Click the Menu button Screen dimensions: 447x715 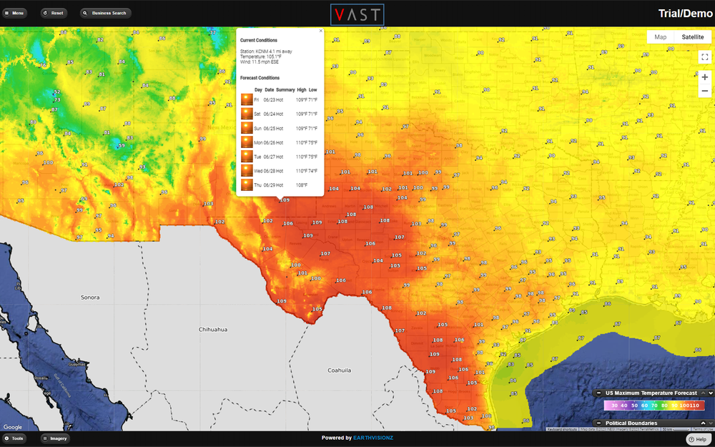(15, 13)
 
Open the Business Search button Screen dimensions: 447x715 (106, 13)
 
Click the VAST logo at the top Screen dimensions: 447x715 (357, 14)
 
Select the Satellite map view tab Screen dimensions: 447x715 (692, 37)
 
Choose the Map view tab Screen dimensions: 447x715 (661, 37)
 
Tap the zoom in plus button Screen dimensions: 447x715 (705, 77)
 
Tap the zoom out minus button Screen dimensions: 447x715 (705, 91)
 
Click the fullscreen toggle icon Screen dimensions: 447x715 (705, 57)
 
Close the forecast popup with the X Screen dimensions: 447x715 (320, 31)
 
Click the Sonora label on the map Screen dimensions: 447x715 (90, 297)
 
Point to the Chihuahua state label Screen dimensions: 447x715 (213, 329)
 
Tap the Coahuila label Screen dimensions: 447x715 (339, 370)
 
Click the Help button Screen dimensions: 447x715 (697, 439)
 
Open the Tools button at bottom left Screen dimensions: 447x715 (14, 438)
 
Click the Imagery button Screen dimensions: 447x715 (55, 438)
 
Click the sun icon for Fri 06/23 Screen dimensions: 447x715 (247, 99)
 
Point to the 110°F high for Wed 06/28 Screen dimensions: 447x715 (301, 171)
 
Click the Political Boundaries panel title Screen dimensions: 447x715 (631, 423)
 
